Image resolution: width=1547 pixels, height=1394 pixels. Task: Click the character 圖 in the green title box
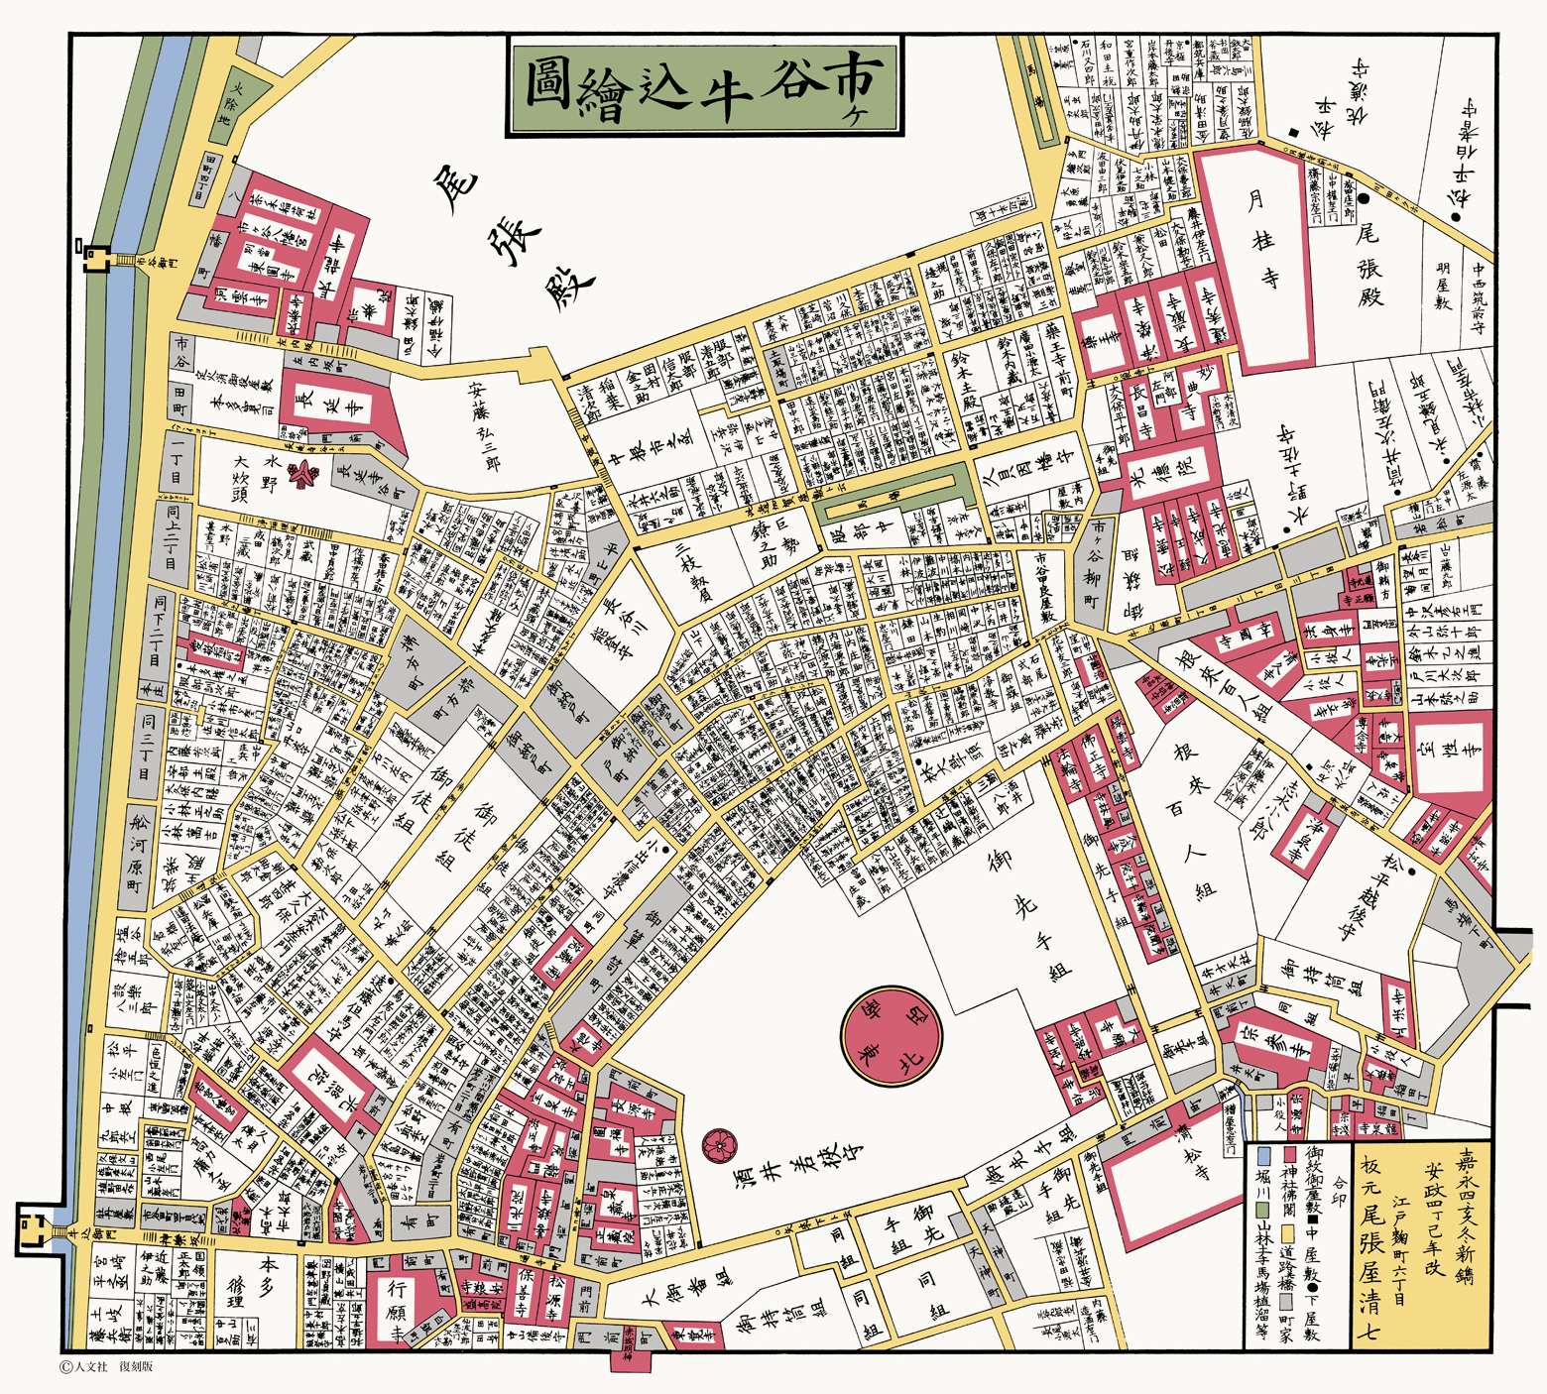pos(547,87)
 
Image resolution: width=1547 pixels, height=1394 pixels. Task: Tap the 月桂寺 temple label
pos(1261,239)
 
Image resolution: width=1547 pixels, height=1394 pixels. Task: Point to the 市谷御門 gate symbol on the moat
pos(97,257)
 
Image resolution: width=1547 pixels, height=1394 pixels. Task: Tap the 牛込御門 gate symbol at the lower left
pos(30,1229)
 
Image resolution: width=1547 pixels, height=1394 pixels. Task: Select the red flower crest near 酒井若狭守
pos(718,1146)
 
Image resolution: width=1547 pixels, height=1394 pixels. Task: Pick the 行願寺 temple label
pos(397,1309)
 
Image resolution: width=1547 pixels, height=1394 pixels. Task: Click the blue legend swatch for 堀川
pos(1263,1156)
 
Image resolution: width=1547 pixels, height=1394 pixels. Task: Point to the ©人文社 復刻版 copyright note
pos(107,1366)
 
